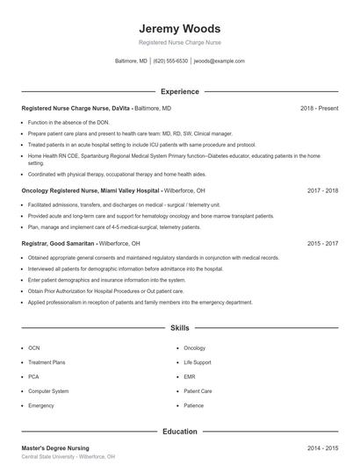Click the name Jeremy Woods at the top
coord(179,28)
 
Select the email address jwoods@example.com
coord(219,61)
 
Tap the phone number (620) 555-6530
coord(170,61)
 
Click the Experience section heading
coord(179,91)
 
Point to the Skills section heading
coord(179,327)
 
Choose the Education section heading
coord(179,431)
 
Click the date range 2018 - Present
coord(319,108)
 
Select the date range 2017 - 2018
coord(323,190)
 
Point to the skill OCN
coord(33,348)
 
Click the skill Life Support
coord(197,362)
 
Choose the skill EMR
coord(190,377)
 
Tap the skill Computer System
coord(48,391)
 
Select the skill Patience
coord(194,406)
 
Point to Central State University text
coord(48,457)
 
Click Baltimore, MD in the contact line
coord(131,61)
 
